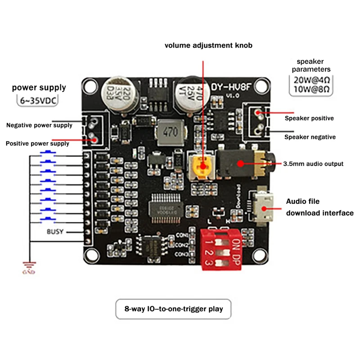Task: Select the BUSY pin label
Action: click(55, 232)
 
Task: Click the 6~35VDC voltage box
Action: click(40, 99)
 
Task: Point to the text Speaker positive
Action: click(309, 118)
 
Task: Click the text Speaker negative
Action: click(310, 137)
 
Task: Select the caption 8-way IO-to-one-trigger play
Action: click(174, 309)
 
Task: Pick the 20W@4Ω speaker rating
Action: click(311, 79)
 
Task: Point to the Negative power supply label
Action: click(39, 125)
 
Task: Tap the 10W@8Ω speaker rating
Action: click(311, 89)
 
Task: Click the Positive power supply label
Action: click(37, 144)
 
